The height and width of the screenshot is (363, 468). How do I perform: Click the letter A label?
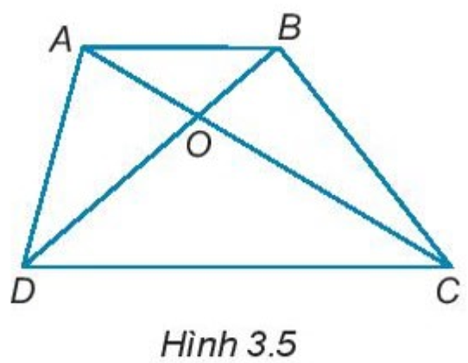tap(61, 41)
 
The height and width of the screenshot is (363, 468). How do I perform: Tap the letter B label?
tap(288, 28)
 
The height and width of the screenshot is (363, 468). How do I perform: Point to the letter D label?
tap(23, 291)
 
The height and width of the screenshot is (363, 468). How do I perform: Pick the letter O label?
tap(199, 145)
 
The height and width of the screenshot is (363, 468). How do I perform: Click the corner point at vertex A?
tap(83, 47)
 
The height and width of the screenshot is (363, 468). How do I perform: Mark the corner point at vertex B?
tap(280, 48)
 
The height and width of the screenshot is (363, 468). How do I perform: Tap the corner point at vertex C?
tap(450, 265)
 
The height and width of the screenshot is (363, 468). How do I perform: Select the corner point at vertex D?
tap(24, 265)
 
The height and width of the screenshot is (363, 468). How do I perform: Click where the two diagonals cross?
tap(198, 116)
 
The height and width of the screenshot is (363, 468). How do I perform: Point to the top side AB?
tap(181, 47)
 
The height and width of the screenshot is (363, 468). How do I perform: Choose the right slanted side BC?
tap(364, 156)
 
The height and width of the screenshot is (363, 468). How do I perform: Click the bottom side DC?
tap(237, 265)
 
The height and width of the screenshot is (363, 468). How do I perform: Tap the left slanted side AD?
tap(54, 156)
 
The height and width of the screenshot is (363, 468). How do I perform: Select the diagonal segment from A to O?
tap(141, 82)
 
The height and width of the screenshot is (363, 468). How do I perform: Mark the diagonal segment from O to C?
tap(324, 191)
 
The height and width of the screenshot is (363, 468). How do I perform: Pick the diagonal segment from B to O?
tap(239, 82)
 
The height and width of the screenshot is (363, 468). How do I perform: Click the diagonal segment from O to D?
tap(111, 191)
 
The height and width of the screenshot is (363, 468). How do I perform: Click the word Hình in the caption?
tap(198, 343)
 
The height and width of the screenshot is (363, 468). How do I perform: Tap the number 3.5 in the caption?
tap(271, 344)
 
